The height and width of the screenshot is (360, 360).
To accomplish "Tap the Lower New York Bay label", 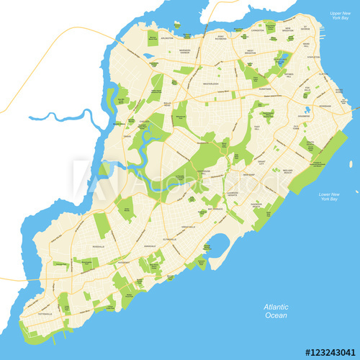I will [x=329, y=197].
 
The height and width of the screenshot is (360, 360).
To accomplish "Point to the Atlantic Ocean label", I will [x=275, y=311].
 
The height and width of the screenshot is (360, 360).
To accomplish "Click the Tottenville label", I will [x=43, y=312].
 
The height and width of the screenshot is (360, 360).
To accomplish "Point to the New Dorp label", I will [x=248, y=174].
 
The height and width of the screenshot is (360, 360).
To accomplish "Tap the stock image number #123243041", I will [x=330, y=352].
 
